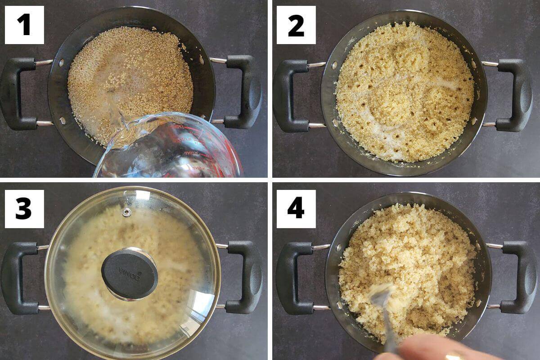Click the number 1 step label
(x=24, y=25)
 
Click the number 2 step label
(x=296, y=25)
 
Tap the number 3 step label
(x=24, y=209)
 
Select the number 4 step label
(x=296, y=209)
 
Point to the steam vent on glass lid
(x=126, y=212)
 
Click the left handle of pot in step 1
(x=18, y=93)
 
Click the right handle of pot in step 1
(x=243, y=92)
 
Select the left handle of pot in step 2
(x=290, y=95)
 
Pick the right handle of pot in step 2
(x=515, y=95)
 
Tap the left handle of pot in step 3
(x=18, y=277)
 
